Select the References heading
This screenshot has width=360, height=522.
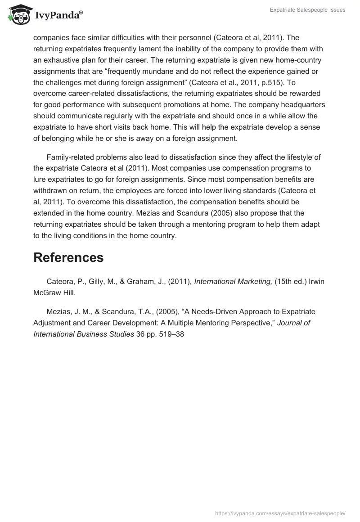pos(68,257)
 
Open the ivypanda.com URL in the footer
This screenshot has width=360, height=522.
pos(280,513)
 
